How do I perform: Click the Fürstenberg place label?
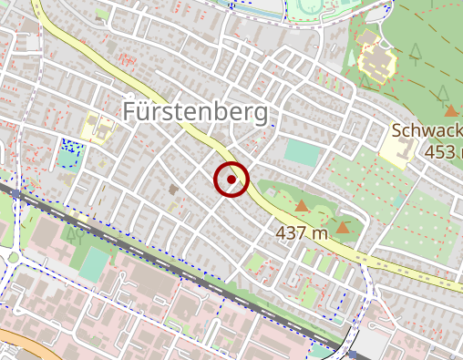coord(197,112)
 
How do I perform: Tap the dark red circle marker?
coord(231,180)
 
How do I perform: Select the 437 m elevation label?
coord(302,233)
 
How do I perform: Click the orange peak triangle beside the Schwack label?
coord(451,109)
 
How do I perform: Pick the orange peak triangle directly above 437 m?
coord(302,207)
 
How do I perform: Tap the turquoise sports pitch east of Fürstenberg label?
coord(303,152)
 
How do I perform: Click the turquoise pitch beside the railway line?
coord(94,263)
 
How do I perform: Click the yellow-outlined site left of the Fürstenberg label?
coord(96,127)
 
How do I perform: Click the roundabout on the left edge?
coord(13,257)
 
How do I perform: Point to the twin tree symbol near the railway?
coord(72,235)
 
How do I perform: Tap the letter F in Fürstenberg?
coord(129,112)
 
